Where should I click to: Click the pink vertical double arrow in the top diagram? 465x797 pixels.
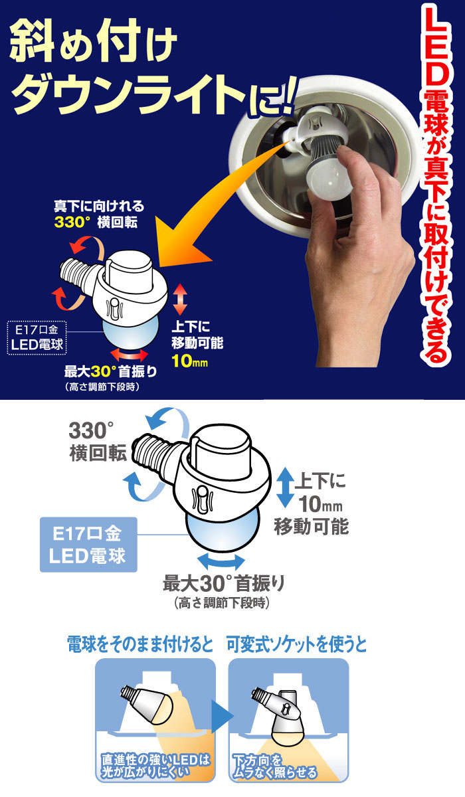pos(179,300)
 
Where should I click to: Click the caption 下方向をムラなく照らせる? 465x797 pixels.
pos(274,767)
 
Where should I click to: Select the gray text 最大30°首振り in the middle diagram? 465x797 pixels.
pos(224,585)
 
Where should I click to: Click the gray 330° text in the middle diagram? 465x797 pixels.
pos(91,432)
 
